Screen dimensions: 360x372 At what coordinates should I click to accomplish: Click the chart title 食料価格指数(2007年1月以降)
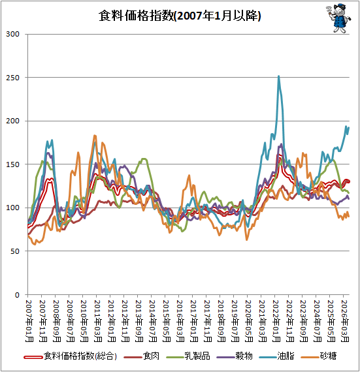point(180,16)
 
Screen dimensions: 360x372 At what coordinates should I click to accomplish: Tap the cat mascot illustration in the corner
point(338,18)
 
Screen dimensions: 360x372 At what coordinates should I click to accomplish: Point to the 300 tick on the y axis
point(12,34)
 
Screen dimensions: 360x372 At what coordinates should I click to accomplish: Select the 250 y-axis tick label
point(12,78)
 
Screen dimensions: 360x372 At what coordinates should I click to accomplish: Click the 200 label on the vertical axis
point(12,121)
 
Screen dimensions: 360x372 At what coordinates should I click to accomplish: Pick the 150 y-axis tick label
point(12,164)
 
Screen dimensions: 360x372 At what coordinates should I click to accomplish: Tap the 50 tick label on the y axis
point(15,251)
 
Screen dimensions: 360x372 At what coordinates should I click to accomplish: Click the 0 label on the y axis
point(17,295)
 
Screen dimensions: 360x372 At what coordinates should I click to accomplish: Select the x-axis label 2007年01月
point(29,320)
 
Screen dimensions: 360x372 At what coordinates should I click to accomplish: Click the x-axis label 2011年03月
point(97,320)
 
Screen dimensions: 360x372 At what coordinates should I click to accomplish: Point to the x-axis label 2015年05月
point(166,320)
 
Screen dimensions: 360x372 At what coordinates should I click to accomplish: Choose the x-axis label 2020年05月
point(248,320)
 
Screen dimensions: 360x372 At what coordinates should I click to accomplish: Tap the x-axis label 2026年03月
point(344,320)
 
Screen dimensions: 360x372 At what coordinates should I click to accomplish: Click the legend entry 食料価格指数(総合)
point(71,356)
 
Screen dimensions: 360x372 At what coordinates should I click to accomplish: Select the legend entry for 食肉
point(141,356)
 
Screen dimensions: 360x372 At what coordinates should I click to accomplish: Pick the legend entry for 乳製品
point(188,356)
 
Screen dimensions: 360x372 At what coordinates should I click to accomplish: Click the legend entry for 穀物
point(235,356)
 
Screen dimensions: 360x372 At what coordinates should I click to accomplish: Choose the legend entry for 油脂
point(276,356)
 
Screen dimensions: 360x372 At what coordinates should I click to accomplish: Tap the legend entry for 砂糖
point(318,356)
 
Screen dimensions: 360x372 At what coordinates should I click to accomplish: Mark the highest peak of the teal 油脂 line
point(278,76)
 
